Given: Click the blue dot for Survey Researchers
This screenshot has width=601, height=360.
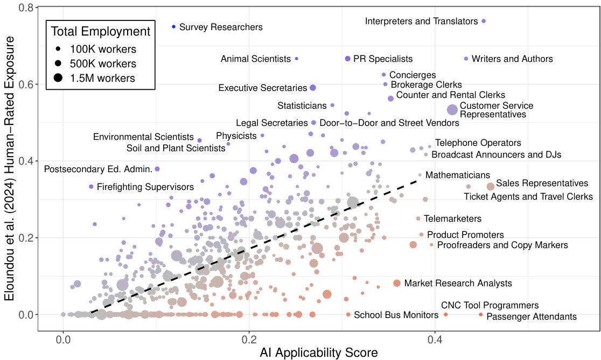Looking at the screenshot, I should click(173, 26).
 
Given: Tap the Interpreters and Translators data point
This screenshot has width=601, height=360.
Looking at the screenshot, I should click(484, 21).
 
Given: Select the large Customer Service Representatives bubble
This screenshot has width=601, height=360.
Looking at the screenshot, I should click(452, 110).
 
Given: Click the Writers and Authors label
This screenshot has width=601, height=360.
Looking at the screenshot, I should click(512, 59).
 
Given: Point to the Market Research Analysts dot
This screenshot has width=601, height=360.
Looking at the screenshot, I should click(397, 283).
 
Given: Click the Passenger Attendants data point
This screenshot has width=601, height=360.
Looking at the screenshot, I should click(481, 314).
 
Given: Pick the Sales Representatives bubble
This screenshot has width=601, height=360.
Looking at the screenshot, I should click(491, 186).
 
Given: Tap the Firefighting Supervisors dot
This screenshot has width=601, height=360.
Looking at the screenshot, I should click(92, 187).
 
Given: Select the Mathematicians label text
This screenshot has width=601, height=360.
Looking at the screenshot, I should click(457, 175).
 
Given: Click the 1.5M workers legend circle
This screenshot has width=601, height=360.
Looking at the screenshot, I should click(58, 78).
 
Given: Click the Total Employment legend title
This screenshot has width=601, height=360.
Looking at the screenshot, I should click(101, 31).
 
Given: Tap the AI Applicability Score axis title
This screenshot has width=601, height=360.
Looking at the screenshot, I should click(319, 352).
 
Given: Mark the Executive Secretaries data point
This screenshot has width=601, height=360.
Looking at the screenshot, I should click(313, 88).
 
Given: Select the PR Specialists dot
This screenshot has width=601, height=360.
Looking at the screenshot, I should click(347, 59).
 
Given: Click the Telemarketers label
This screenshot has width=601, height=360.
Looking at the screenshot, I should click(452, 219).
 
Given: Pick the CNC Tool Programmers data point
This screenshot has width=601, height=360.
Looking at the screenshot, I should click(445, 314).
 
